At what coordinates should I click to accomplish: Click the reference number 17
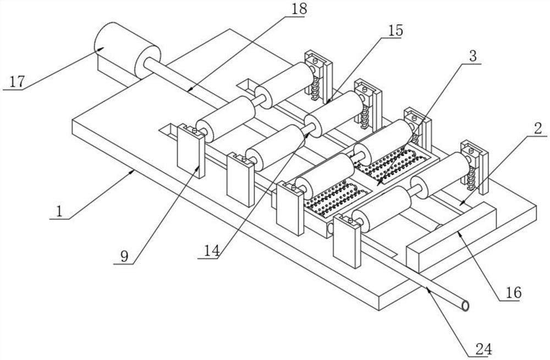click(x=17, y=82)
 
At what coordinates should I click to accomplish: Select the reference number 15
click(x=394, y=31)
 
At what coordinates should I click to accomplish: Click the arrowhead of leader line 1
click(x=134, y=171)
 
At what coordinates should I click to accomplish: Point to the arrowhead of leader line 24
click(x=427, y=290)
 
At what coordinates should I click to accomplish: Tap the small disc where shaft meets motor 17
click(x=149, y=58)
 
